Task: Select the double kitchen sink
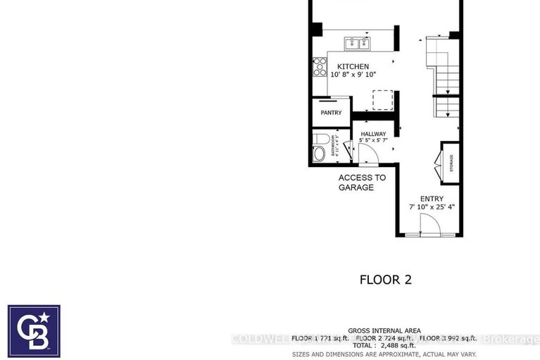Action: (358, 44)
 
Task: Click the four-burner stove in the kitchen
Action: (319, 67)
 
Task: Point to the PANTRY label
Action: (331, 113)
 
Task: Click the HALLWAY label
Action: (373, 133)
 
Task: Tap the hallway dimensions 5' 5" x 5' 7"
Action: (373, 140)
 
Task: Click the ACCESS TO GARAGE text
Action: (362, 182)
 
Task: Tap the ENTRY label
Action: (432, 199)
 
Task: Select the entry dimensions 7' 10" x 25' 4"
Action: (432, 207)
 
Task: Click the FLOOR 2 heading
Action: (385, 280)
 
